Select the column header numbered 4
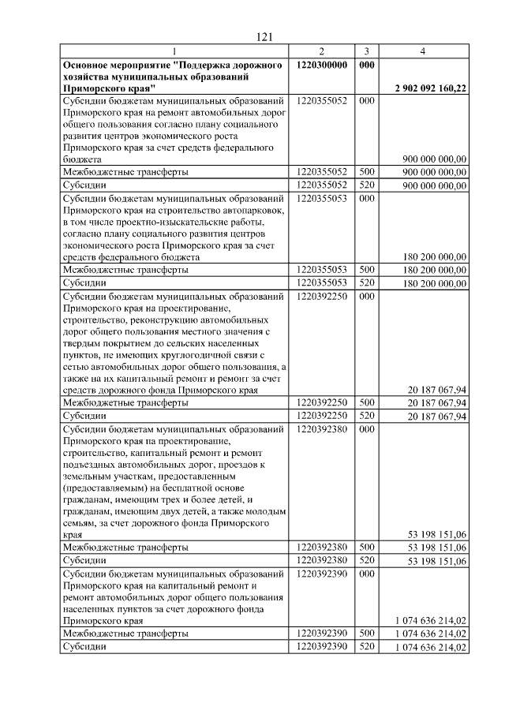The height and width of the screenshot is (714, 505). pyautogui.click(x=423, y=51)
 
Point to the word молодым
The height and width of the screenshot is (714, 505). pyautogui.click(x=252, y=511)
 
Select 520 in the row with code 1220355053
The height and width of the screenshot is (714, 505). pyautogui.click(x=365, y=282)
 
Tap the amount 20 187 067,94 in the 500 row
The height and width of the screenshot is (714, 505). pyautogui.click(x=437, y=402)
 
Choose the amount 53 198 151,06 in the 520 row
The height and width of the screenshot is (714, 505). pyautogui.click(x=437, y=560)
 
